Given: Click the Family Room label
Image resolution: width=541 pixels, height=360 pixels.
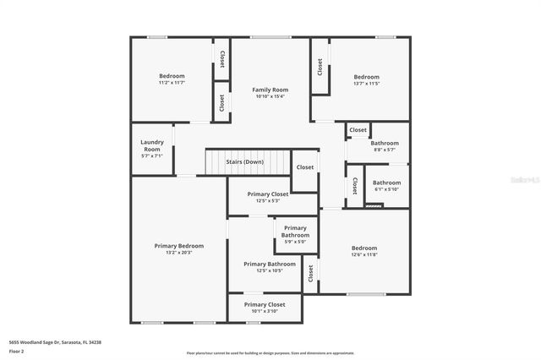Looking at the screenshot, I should (x=270, y=90).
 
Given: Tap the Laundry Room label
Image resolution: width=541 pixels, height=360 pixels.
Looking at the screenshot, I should (x=152, y=145).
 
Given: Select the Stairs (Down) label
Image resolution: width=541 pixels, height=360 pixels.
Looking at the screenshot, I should (x=244, y=161).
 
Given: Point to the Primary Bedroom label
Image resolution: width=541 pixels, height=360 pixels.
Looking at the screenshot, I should (x=178, y=246).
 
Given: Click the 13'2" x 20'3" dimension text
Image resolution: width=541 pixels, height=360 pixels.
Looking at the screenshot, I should (x=178, y=253).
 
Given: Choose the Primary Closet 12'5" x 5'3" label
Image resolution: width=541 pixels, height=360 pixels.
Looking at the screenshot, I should (x=268, y=194).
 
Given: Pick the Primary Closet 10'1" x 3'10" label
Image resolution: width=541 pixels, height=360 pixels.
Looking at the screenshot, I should (x=265, y=304).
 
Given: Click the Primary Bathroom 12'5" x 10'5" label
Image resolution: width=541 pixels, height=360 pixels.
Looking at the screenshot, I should (x=270, y=265).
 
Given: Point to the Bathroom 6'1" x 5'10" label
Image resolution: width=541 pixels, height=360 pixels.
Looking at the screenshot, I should (x=387, y=183).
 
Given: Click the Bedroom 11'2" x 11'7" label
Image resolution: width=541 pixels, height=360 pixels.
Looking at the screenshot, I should (x=172, y=76).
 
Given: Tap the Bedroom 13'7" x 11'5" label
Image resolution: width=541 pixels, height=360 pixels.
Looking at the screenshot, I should (x=367, y=77).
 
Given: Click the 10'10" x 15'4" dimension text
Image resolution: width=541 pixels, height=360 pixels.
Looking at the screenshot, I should (x=270, y=96).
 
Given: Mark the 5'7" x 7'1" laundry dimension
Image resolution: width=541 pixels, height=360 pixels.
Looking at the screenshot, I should (x=152, y=155).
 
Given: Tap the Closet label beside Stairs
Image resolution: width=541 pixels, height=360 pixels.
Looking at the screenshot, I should (x=305, y=167).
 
